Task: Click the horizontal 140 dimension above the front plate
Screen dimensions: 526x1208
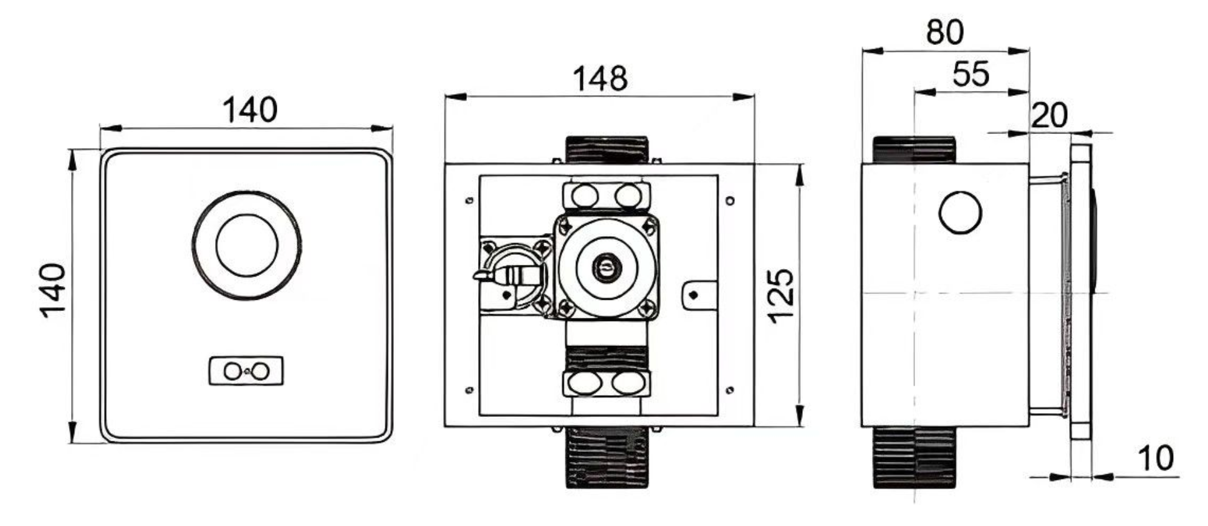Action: [249, 110]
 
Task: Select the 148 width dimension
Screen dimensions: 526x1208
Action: [599, 79]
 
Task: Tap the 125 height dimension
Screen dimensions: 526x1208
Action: [781, 295]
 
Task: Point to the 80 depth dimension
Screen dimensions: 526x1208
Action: [944, 32]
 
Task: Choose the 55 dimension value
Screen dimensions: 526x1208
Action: [971, 74]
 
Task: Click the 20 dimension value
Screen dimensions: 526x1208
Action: [1049, 115]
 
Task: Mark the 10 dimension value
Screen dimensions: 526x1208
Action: [1155, 458]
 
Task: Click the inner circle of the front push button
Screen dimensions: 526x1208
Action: [247, 246]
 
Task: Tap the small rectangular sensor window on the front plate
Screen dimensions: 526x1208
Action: [246, 371]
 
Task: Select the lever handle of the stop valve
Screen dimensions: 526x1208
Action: [492, 274]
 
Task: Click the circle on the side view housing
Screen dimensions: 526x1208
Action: [960, 213]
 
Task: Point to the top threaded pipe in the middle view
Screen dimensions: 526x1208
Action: [606, 150]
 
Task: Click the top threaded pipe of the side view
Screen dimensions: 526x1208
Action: [913, 150]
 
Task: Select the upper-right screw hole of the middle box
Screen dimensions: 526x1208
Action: [730, 201]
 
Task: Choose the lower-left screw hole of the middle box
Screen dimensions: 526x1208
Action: [469, 390]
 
